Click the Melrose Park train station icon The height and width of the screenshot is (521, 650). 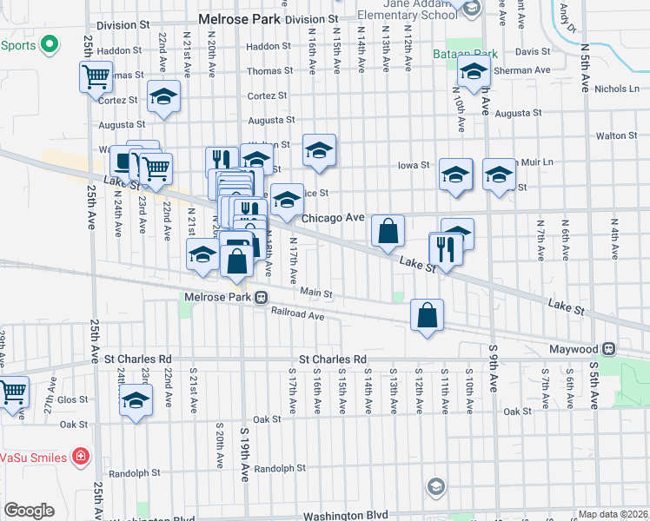coord(261,297)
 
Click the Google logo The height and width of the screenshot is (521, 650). coord(29,511)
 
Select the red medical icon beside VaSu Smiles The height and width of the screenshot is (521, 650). coord(80,456)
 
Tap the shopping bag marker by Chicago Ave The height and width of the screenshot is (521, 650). coord(388,232)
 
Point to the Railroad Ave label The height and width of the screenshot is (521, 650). coord(297,314)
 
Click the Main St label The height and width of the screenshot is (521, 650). coord(316,294)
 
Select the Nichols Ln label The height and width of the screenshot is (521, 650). coord(618,89)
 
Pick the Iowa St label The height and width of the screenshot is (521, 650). coord(414,165)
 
